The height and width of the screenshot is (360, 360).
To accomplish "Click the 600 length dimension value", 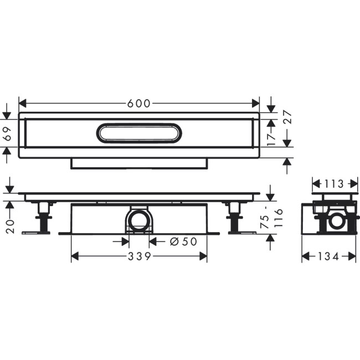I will (139, 103).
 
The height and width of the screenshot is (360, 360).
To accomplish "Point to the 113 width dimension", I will (334, 183).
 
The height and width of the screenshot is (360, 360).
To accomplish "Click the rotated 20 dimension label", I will (9, 226).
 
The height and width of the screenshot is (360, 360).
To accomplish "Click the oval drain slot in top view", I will (139, 133).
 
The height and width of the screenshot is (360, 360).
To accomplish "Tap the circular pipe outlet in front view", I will (139, 221).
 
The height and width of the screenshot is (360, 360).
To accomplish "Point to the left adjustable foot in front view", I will (43, 219).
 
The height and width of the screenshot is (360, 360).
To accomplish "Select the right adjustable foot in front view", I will (235, 219).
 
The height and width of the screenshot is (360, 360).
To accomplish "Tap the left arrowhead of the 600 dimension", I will (22, 103).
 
